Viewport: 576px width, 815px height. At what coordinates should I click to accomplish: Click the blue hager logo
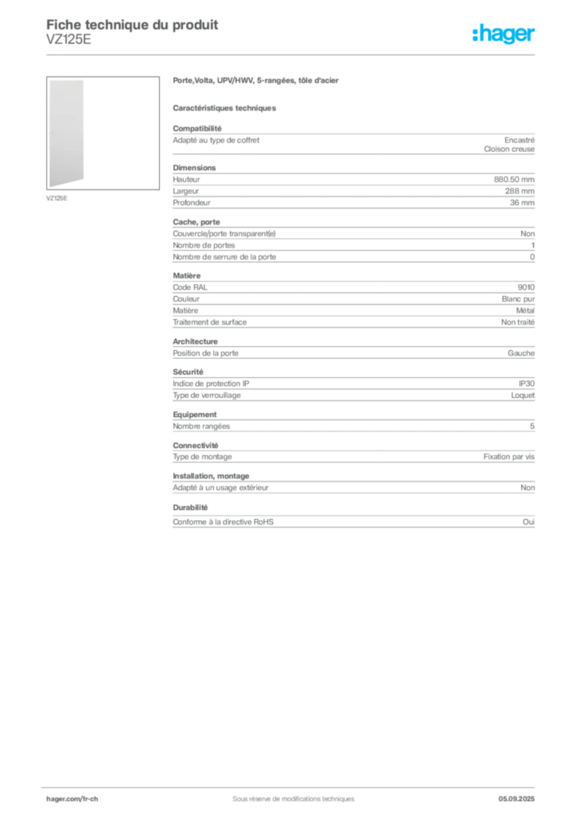tap(505, 35)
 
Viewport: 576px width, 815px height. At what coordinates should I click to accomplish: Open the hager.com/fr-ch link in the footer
tap(72, 797)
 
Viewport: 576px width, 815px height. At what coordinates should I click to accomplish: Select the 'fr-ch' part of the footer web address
tap(89, 797)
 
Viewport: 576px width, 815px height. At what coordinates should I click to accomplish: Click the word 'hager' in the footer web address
tap(57, 797)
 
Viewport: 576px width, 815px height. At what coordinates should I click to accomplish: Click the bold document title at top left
tap(132, 24)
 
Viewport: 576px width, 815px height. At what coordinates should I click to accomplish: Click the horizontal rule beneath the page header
tap(293, 54)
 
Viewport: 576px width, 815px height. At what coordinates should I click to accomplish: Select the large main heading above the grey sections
tap(258, 81)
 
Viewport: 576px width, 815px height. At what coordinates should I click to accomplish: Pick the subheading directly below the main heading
tap(226, 107)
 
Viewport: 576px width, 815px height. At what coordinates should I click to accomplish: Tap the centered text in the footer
tap(288, 794)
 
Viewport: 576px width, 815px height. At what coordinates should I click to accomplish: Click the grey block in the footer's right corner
tap(521, 794)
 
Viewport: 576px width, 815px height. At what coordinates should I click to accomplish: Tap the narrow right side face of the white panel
tap(85, 132)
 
